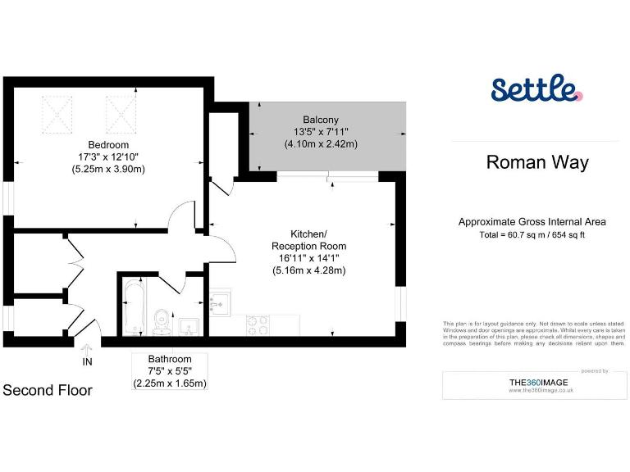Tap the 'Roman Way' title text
(537, 162)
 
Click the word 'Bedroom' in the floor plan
(107, 143)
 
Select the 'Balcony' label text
(321, 119)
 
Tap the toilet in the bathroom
(163, 320)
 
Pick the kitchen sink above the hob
(220, 302)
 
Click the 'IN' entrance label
(87, 361)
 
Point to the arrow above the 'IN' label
(87, 349)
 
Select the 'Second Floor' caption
(48, 390)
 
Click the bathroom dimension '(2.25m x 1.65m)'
(170, 383)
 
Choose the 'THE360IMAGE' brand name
(525, 382)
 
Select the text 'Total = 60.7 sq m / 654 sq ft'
(532, 235)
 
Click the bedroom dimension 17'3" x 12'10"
(107, 157)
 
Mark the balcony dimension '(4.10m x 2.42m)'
(321, 144)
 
